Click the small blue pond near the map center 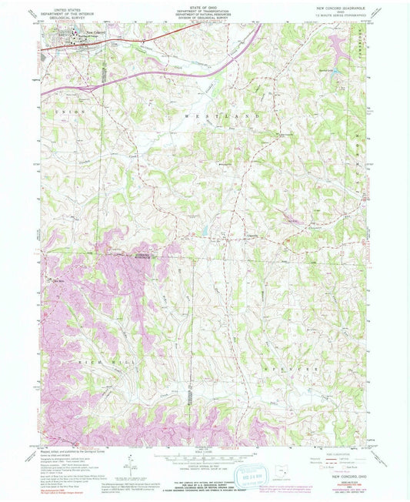click(x=205, y=229)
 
